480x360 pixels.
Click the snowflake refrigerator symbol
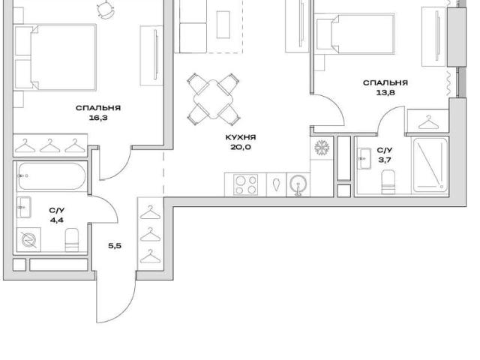click(x=322, y=147)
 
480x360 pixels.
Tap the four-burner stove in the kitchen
click(x=245, y=184)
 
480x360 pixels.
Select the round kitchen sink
click(x=298, y=184)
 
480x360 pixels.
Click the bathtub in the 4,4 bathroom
click(x=52, y=177)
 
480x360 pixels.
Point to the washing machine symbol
click(x=28, y=240)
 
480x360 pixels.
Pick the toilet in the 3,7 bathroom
click(x=388, y=182)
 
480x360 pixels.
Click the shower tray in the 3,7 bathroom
click(x=430, y=165)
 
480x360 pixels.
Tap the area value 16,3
click(x=98, y=118)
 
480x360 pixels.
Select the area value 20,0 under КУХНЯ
click(x=241, y=147)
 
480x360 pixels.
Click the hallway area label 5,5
click(x=115, y=245)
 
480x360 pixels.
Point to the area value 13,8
click(x=385, y=92)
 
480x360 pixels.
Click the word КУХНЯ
click(x=241, y=137)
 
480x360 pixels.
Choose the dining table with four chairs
click(x=214, y=100)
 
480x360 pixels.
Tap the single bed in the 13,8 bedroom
click(x=355, y=34)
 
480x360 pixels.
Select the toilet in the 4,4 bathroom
click(x=72, y=240)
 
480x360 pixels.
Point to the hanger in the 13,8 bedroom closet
click(x=428, y=122)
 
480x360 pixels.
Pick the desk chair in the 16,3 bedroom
click(x=105, y=9)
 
